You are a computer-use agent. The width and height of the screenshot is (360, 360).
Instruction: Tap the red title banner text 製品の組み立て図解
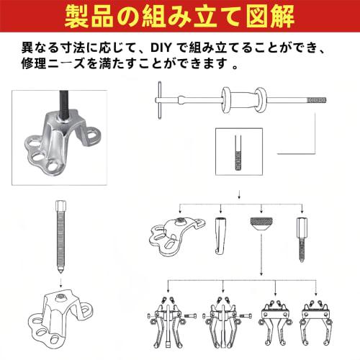point(180,16)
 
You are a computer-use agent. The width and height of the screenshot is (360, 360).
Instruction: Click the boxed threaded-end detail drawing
point(238,153)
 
